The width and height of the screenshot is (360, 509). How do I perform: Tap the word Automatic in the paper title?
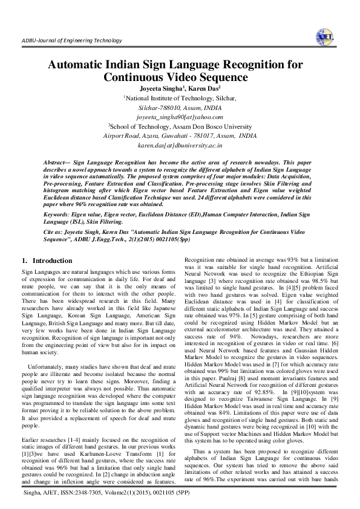click(x=79, y=65)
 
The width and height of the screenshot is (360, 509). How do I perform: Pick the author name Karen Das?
click(x=206, y=88)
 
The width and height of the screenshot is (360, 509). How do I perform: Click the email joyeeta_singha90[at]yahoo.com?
click(x=180, y=117)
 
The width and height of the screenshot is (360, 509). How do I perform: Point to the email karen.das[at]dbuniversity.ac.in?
click(x=180, y=146)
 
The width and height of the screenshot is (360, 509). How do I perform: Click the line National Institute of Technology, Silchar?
click(x=180, y=97)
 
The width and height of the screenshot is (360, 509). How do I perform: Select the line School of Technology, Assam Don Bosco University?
click(x=180, y=126)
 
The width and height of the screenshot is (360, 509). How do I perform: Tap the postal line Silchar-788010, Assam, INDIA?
click(x=180, y=107)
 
